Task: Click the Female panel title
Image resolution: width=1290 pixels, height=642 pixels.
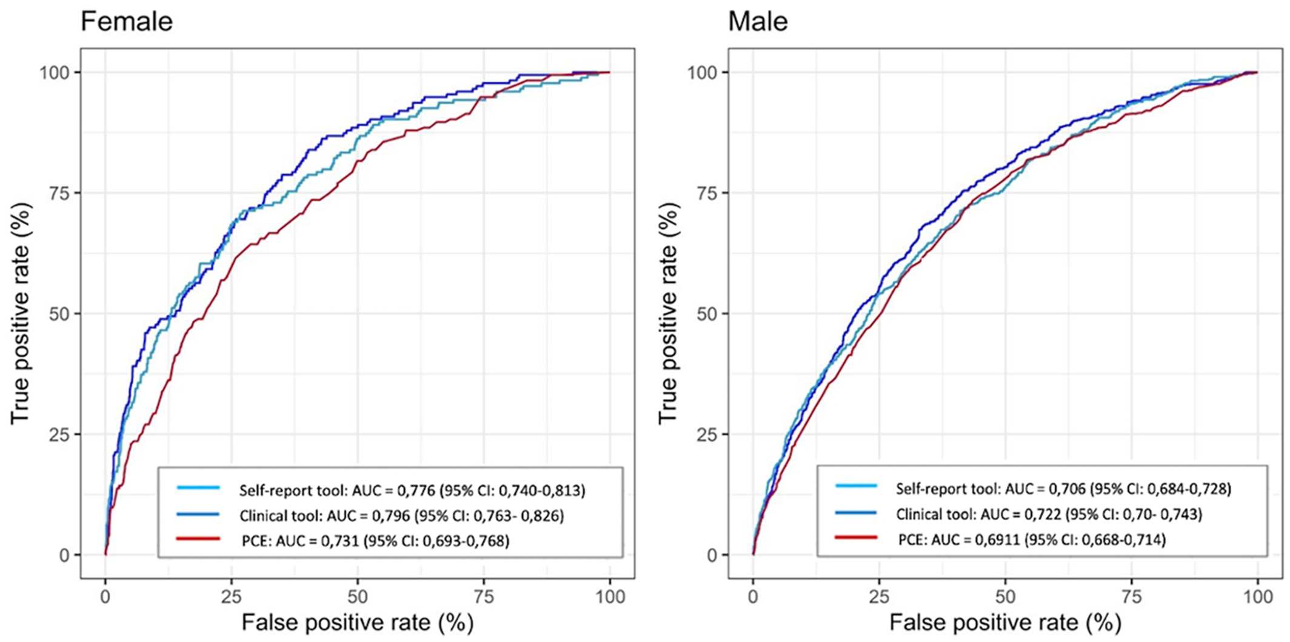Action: click(127, 22)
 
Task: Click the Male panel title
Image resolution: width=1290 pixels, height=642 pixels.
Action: click(758, 22)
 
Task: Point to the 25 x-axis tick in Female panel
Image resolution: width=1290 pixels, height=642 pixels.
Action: click(232, 597)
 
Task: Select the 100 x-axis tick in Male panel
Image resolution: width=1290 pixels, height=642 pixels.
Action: click(1257, 597)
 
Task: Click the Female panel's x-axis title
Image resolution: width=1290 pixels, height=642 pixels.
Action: click(357, 623)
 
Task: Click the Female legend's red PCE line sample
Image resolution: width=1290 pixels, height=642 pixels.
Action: click(198, 538)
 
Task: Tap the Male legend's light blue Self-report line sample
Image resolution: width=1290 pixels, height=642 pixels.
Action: click(856, 486)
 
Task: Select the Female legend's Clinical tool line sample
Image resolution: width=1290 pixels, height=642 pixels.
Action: click(198, 514)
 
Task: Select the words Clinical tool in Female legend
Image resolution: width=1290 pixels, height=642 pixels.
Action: click(279, 515)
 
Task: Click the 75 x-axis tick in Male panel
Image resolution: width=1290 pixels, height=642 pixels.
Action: click(1131, 597)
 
